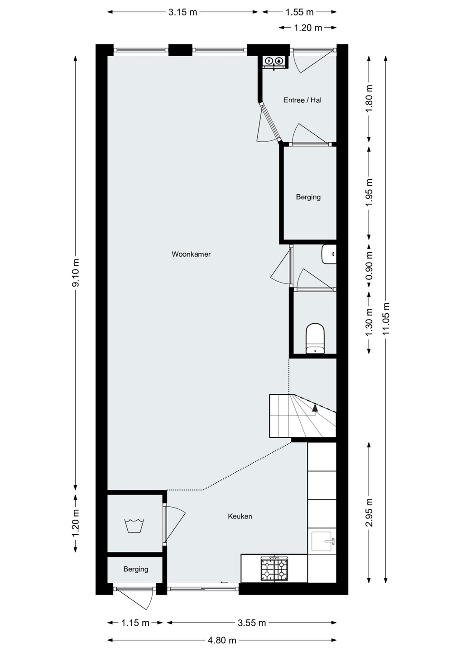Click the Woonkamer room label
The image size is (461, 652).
[x=191, y=254]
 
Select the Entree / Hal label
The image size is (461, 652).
[x=303, y=100]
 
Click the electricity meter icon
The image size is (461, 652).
[x=269, y=61]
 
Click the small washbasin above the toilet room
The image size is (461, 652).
[x=329, y=254]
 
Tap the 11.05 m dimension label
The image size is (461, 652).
[x=386, y=318]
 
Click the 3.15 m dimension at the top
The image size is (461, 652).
[x=183, y=12]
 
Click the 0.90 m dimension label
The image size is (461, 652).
[x=370, y=265]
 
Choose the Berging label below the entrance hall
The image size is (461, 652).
[x=308, y=197]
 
